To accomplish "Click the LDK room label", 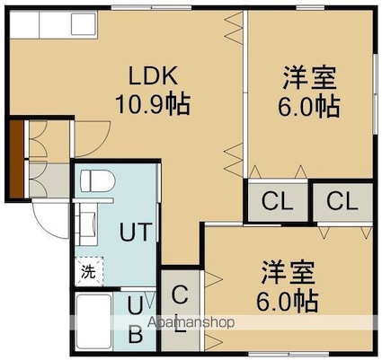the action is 154,75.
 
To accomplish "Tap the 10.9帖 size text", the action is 153,104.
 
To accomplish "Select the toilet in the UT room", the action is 98,180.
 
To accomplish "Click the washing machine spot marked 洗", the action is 89,271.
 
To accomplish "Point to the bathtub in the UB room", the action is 94,321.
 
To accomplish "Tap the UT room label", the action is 135,232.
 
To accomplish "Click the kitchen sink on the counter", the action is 83,24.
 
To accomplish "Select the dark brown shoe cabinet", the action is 16,159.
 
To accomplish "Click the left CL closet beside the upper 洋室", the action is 277,201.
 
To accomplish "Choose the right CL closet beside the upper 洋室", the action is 342,201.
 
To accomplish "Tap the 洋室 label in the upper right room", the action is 309,78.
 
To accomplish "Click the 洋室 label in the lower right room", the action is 288,272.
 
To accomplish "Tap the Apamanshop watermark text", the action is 191,322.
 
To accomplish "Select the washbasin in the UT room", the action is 88,223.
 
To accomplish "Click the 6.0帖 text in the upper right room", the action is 309,107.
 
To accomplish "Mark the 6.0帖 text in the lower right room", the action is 287,301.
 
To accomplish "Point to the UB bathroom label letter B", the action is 136,335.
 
